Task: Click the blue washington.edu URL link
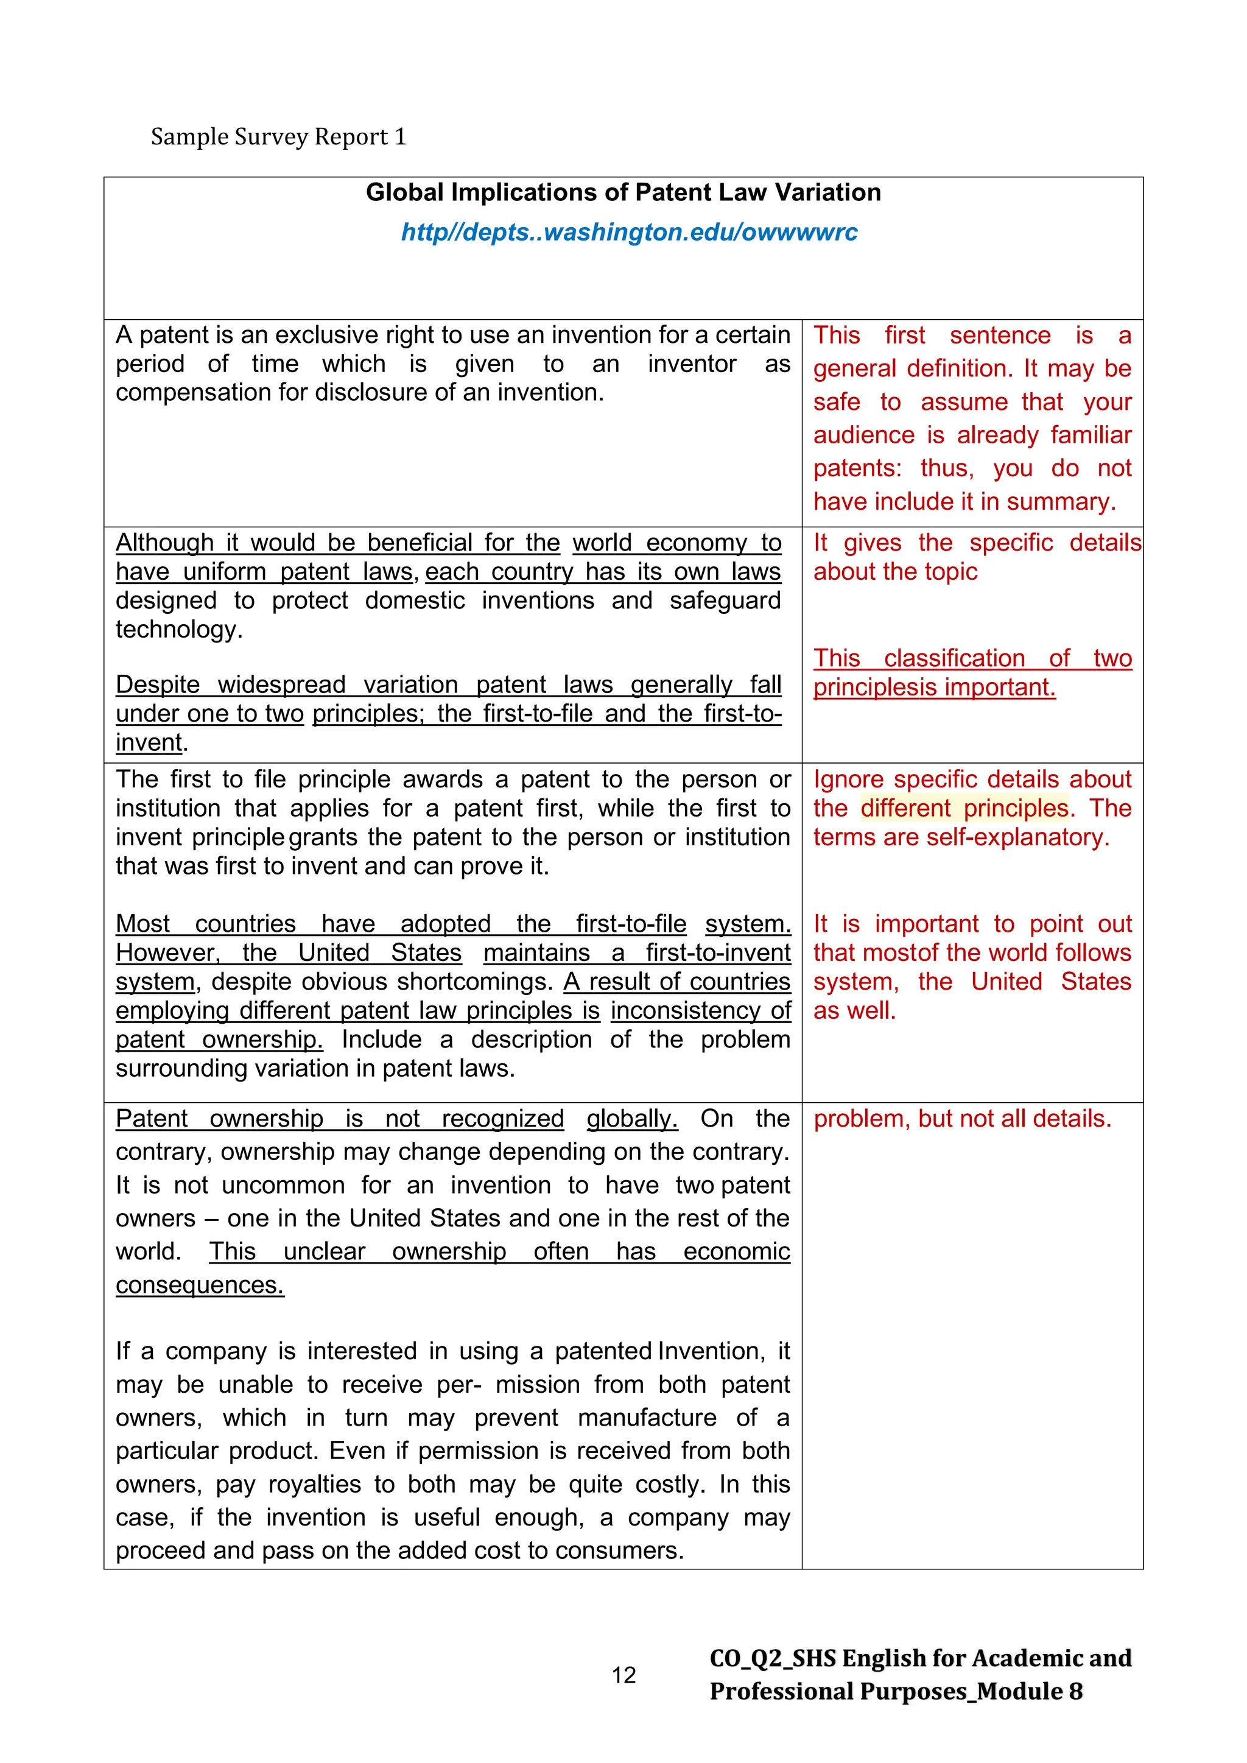pyautogui.click(x=629, y=232)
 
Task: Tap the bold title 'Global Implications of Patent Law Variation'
pyautogui.click(x=623, y=192)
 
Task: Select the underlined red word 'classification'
pyautogui.click(x=954, y=658)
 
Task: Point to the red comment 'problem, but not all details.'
pyautogui.click(x=962, y=1119)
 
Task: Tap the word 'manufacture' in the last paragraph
pyautogui.click(x=647, y=1418)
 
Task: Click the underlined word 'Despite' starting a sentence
pyautogui.click(x=158, y=684)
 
